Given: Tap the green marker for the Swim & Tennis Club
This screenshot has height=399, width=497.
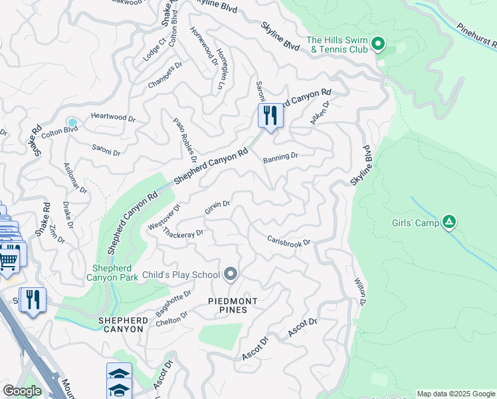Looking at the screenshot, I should (379, 45).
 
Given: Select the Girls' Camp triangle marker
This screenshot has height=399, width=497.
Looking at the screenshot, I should (450, 222).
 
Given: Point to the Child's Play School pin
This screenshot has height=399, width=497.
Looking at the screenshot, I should (231, 274).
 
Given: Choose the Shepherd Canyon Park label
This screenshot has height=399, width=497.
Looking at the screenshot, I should (112, 273).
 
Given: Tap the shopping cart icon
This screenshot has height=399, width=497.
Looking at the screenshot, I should (9, 258).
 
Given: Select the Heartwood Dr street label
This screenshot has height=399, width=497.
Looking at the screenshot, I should (113, 118).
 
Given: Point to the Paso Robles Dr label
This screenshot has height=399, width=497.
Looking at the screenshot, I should (185, 140).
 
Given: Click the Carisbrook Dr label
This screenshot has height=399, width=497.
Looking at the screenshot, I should (289, 241).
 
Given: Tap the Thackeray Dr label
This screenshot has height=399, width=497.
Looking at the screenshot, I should (183, 234).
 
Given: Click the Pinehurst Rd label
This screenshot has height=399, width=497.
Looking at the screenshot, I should (477, 39).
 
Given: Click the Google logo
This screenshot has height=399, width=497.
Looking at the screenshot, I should (22, 391).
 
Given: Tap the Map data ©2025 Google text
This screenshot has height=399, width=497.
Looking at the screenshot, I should (455, 394).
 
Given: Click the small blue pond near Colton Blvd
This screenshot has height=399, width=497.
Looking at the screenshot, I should (72, 123).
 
